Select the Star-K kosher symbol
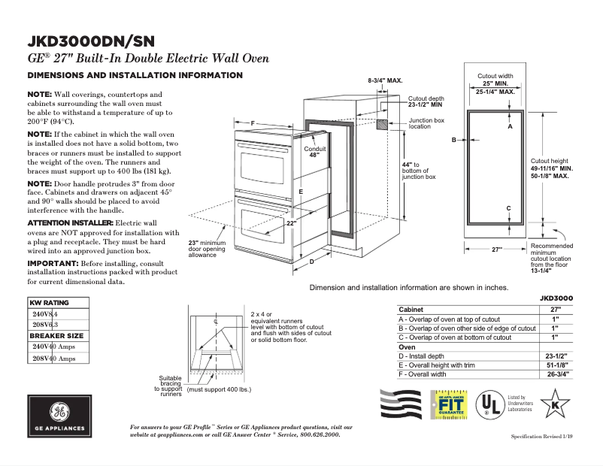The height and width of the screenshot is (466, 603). pos(556,403)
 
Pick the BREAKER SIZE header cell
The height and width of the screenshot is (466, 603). pos(56,335)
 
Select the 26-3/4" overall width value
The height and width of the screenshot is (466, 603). pos(556,374)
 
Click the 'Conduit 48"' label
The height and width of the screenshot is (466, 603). pos(314,152)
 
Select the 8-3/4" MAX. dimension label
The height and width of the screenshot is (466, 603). pos(385,80)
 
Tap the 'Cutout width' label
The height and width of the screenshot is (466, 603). pos(495,76)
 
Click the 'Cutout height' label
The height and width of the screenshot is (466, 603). pos(550,161)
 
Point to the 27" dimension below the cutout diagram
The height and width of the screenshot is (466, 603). pos(496,250)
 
